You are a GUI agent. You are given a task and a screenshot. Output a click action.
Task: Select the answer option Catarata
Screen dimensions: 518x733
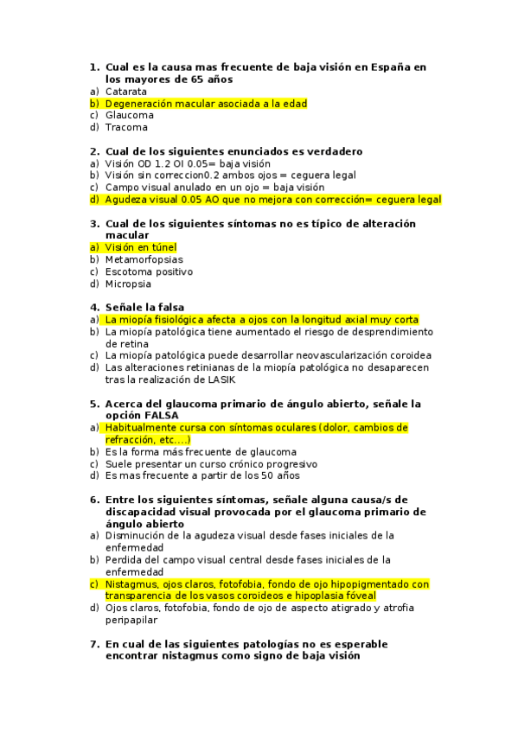click(126, 91)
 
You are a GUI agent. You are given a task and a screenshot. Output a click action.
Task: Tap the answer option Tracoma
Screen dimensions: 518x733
click(126, 127)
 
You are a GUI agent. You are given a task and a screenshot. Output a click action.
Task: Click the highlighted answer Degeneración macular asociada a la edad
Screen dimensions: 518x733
click(206, 103)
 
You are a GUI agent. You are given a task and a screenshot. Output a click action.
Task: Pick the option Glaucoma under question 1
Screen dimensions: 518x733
click(130, 115)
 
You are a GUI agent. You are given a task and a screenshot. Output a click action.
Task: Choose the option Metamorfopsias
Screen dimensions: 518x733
click(144, 259)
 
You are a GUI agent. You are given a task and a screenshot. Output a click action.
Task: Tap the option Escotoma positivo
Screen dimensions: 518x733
click(149, 271)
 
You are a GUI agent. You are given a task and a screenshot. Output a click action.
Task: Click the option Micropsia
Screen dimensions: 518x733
click(128, 284)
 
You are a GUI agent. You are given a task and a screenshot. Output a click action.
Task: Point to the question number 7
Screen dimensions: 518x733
click(94, 644)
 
